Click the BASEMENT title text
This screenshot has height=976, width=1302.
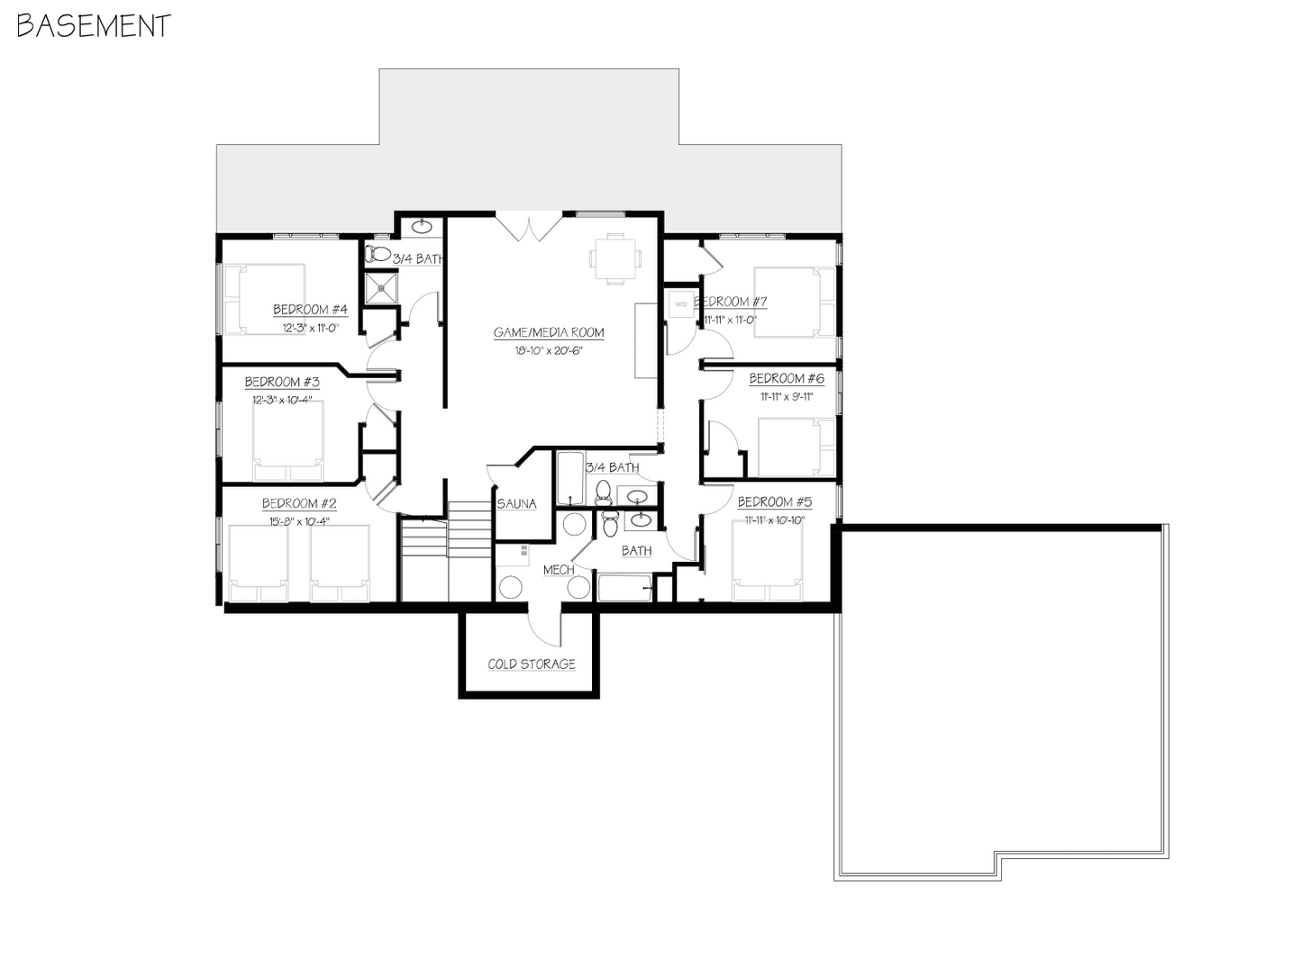pyautogui.click(x=94, y=26)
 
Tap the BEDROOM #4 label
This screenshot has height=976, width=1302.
pyautogui.click(x=310, y=310)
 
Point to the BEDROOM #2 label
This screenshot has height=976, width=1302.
pyautogui.click(x=299, y=503)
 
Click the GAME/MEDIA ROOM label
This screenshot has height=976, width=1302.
pyautogui.click(x=549, y=332)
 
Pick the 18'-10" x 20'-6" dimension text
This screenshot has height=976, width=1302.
pyautogui.click(x=549, y=351)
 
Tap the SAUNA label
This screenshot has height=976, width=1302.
pyautogui.click(x=516, y=504)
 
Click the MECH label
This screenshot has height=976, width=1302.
pyautogui.click(x=559, y=570)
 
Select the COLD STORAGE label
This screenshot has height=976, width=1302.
pyautogui.click(x=532, y=664)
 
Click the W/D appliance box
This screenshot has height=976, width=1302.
pyautogui.click(x=680, y=304)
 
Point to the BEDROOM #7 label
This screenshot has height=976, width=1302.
pyautogui.click(x=731, y=302)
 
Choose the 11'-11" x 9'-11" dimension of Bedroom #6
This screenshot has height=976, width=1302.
pyautogui.click(x=787, y=396)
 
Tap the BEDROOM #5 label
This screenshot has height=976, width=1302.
pyautogui.click(x=774, y=502)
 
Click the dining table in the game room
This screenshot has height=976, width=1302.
pyautogui.click(x=615, y=258)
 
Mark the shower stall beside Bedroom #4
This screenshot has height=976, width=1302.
pyautogui.click(x=380, y=287)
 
